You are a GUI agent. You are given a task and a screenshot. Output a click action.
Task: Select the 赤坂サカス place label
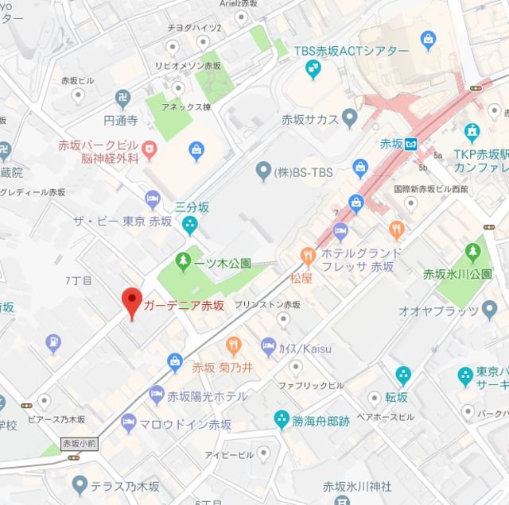coord(309,120)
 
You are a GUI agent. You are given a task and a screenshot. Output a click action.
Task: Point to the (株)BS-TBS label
coord(303,171)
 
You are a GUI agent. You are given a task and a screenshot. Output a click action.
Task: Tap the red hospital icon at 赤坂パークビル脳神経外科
coord(149,148)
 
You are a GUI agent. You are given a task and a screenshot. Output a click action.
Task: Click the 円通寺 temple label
coord(121,122)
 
